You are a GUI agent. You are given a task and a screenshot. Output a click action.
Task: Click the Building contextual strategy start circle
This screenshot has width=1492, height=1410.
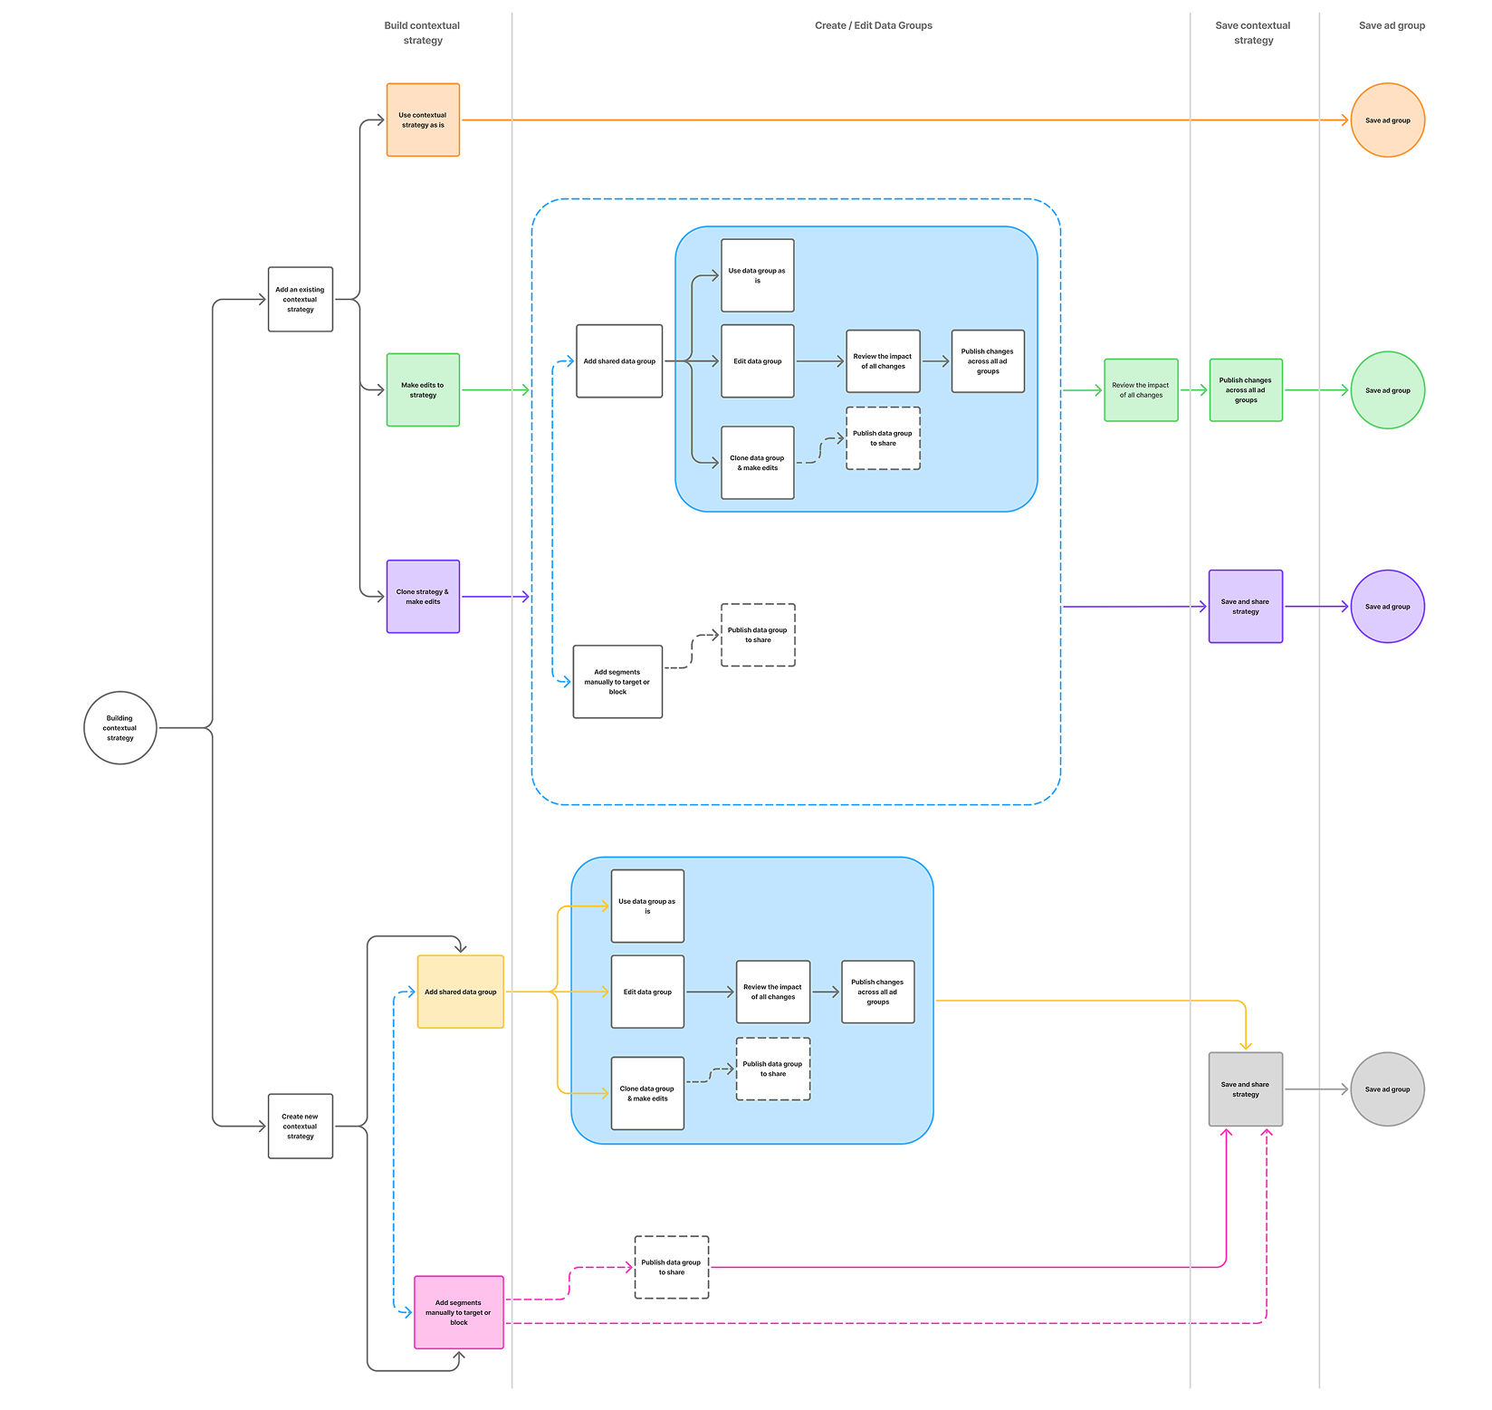click(120, 728)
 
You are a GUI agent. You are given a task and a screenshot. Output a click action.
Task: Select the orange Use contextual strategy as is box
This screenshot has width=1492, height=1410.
click(423, 120)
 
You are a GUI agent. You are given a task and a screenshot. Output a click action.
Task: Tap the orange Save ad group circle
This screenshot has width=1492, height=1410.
click(1387, 120)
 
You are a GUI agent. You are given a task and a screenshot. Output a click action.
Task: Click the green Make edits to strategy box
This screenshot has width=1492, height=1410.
click(423, 389)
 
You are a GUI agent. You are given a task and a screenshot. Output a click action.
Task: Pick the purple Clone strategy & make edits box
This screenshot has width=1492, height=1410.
click(423, 596)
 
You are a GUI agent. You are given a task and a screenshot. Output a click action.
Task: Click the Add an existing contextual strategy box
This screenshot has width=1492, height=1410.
click(301, 300)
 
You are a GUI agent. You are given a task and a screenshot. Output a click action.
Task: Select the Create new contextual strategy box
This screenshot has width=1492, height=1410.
click(301, 1126)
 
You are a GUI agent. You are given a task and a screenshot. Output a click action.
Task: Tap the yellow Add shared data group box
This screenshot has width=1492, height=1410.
click(460, 992)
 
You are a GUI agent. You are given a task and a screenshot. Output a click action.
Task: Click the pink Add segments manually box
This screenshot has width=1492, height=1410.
click(458, 1312)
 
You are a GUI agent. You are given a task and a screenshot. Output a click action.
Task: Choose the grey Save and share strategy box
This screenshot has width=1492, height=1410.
click(1245, 1089)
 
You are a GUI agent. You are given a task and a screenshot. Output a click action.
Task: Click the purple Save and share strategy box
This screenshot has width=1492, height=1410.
click(1245, 606)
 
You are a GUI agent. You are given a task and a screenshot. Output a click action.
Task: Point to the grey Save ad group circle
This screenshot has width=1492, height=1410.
click(1387, 1089)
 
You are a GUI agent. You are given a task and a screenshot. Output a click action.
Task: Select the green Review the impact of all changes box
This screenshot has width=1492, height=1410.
click(1141, 389)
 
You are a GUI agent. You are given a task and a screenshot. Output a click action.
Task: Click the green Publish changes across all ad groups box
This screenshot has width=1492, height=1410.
click(1245, 389)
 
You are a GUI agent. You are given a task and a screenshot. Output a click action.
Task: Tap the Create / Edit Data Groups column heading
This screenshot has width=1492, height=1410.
click(873, 25)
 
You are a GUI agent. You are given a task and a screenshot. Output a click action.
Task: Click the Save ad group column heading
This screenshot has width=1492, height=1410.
click(1392, 25)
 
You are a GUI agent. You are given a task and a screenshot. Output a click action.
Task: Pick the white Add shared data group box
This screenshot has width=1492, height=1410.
click(619, 360)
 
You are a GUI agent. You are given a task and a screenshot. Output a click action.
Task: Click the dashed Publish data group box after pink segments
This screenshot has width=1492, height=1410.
click(671, 1267)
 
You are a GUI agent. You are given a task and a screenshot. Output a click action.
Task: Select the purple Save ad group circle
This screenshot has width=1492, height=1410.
click(1387, 606)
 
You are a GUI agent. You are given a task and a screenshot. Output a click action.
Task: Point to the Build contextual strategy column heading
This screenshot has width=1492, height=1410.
click(422, 33)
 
